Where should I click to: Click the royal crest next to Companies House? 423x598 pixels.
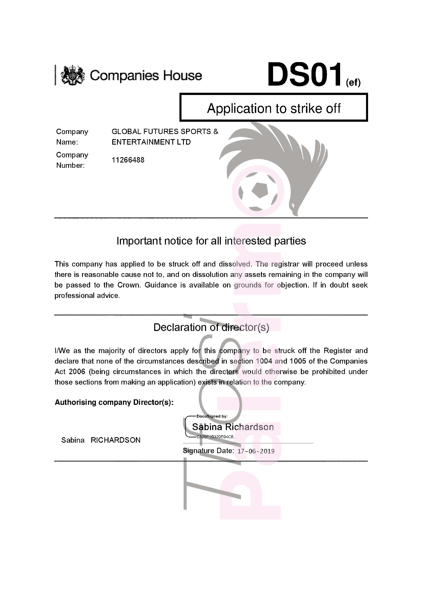[73, 75]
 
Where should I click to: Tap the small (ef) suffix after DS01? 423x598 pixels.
[353, 83]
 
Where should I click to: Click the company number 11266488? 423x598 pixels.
[128, 160]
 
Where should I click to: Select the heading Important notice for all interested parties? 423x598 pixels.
[211, 241]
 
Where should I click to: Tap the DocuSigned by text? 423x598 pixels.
[212, 416]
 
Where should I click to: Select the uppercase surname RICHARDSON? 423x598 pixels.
[115, 440]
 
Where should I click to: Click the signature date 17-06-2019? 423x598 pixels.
[256, 451]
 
